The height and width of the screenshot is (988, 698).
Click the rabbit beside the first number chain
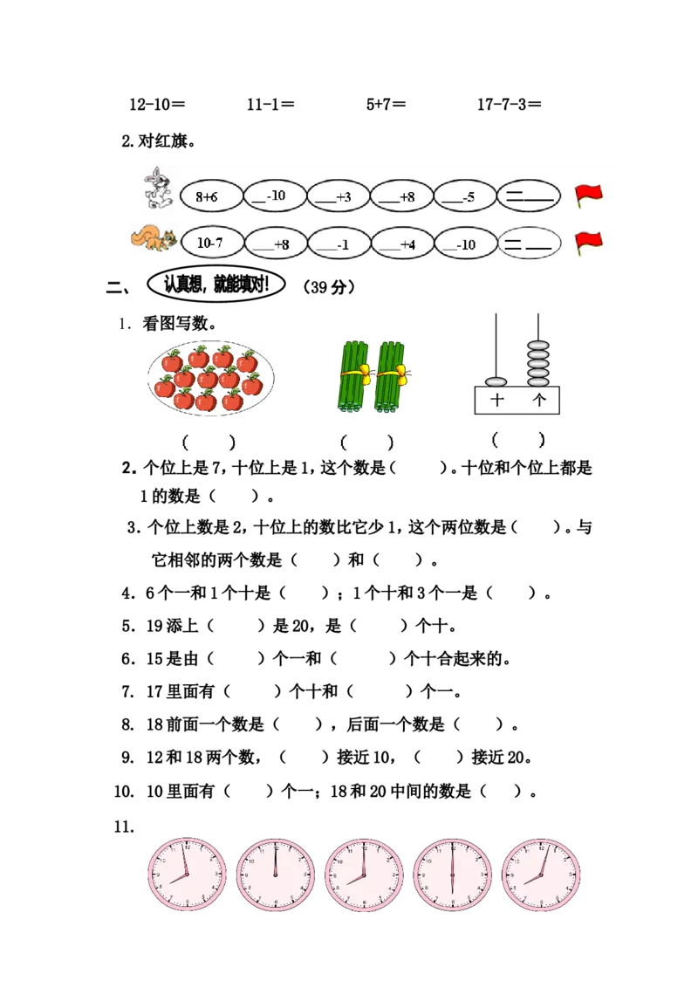[158, 189]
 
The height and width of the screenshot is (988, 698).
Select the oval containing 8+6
[210, 196]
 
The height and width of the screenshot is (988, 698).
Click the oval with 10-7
[210, 244]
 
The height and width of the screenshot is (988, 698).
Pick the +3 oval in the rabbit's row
[338, 196]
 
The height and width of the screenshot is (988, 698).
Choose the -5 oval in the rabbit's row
[464, 196]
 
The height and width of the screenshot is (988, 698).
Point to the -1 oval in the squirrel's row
[338, 244]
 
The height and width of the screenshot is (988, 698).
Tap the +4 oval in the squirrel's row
[401, 244]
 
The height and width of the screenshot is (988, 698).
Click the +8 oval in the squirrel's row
[275, 244]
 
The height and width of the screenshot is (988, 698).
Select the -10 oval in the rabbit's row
[275, 196]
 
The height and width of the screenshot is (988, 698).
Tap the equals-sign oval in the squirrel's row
[529, 244]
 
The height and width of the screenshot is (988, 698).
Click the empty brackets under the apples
[209, 442]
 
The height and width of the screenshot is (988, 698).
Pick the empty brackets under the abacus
[519, 440]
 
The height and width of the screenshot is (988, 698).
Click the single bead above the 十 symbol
[496, 382]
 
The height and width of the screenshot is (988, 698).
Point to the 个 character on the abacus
[539, 401]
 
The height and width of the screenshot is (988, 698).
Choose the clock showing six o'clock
[453, 875]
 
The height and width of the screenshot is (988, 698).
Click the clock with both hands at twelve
[276, 875]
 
